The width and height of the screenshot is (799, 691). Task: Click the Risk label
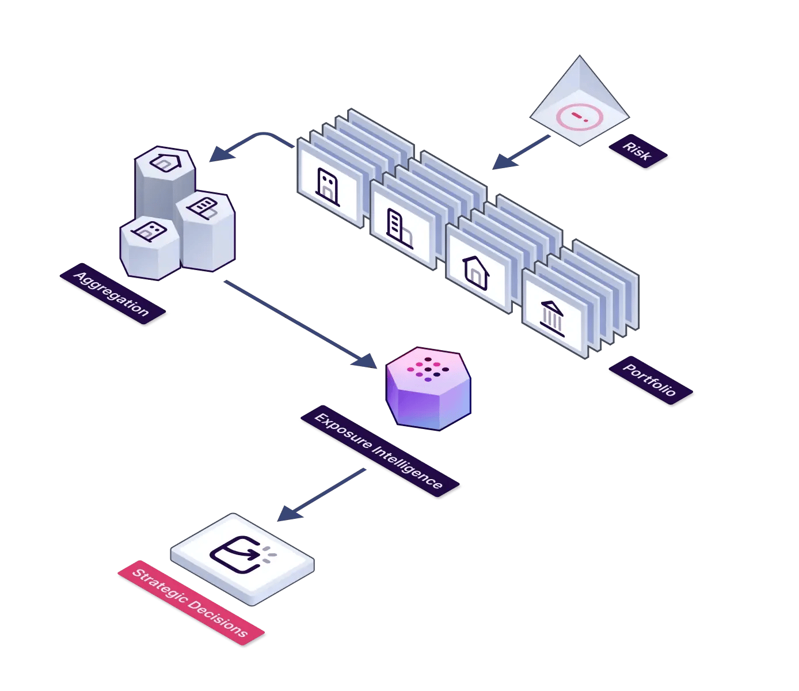tap(638, 151)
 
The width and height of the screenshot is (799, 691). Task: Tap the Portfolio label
tap(650, 380)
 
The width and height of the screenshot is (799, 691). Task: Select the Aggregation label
tap(112, 294)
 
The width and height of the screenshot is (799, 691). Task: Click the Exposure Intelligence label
tap(379, 451)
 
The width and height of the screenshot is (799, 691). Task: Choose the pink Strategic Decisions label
tap(191, 603)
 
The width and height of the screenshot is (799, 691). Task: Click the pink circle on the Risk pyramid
tap(580, 117)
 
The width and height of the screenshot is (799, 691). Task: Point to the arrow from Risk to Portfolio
tap(521, 153)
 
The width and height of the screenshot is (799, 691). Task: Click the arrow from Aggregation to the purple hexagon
tap(300, 324)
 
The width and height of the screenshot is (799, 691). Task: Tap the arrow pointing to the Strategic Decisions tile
tap(321, 495)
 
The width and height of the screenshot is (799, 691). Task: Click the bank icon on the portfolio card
tap(552, 319)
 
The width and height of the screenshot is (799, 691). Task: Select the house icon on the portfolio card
tap(476, 273)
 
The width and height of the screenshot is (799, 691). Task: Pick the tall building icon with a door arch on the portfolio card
tap(400, 229)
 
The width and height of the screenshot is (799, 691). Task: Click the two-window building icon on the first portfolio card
tap(328, 187)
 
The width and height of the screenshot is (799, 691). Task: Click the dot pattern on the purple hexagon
tap(428, 369)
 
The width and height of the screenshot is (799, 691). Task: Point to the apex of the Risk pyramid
tap(580, 55)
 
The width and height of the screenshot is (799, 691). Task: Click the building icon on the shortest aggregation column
tap(149, 231)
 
